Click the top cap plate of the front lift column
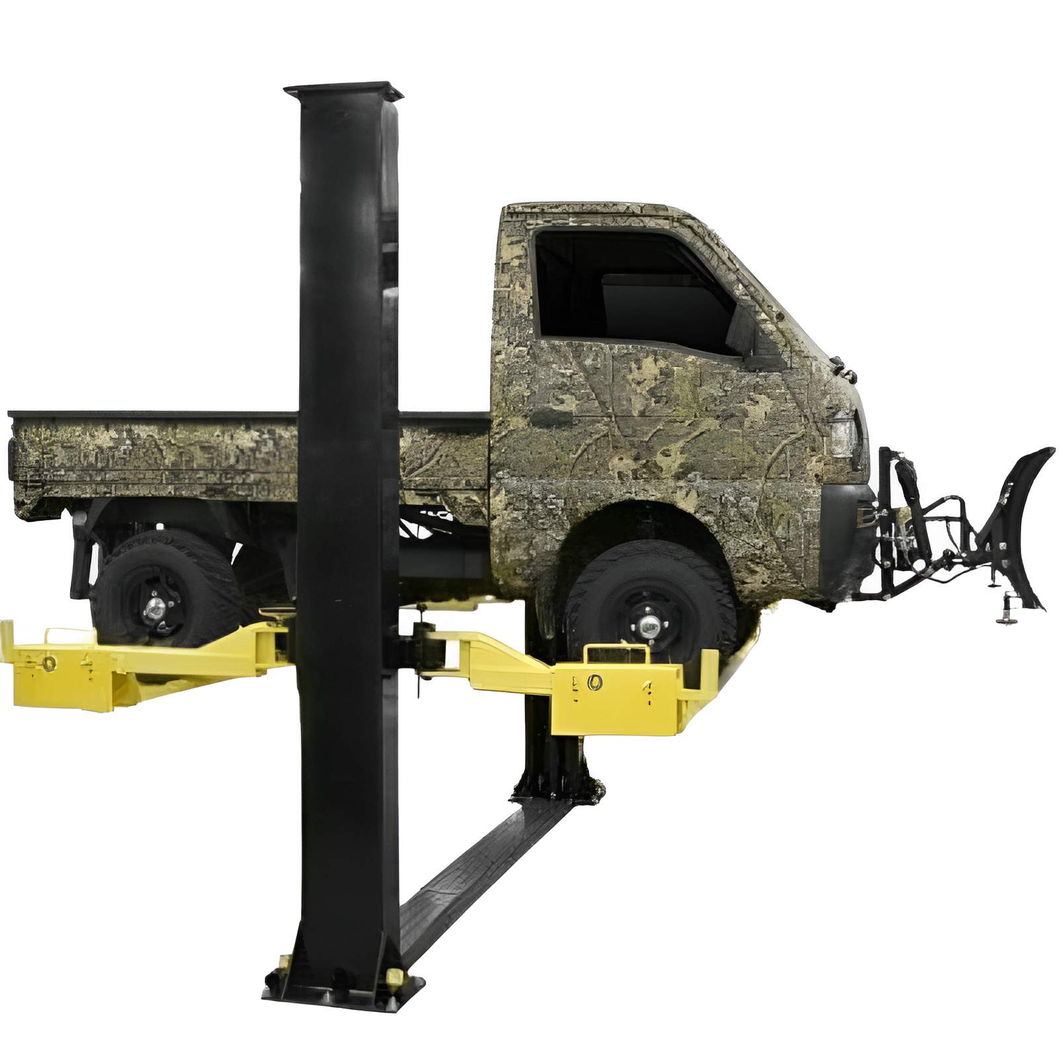[x=344, y=91]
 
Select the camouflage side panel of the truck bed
[x=152, y=463]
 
